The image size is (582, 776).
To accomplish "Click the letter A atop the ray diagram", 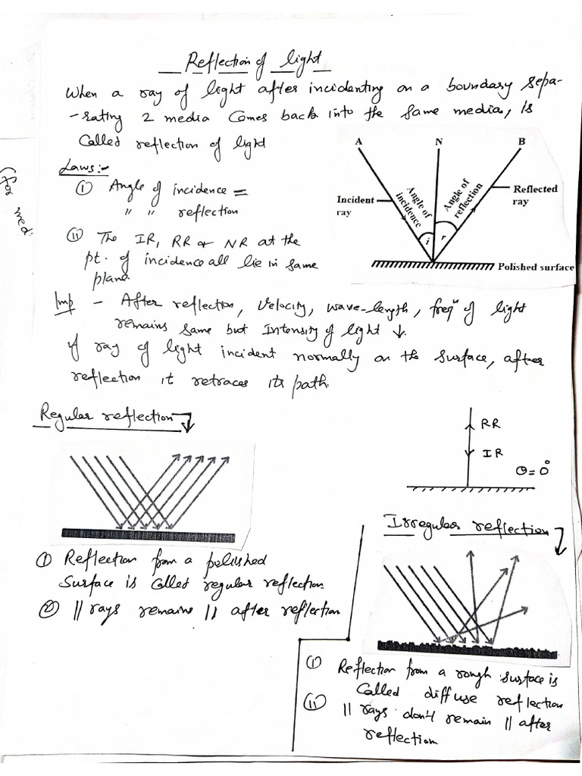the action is (358, 142).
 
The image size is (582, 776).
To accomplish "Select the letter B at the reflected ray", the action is (522, 142).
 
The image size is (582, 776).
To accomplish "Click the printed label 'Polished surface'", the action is (535, 267).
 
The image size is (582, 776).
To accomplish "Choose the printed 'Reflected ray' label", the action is (534, 196).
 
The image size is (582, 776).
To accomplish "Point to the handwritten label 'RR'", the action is (490, 426).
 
